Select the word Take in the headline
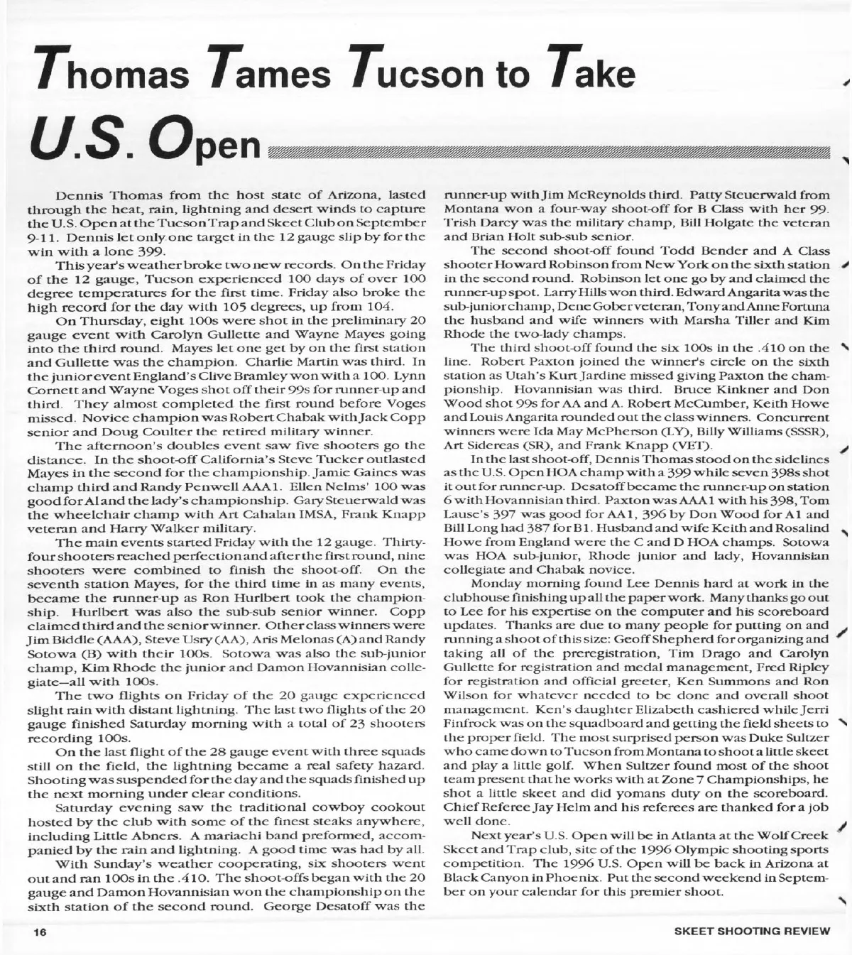594,72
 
